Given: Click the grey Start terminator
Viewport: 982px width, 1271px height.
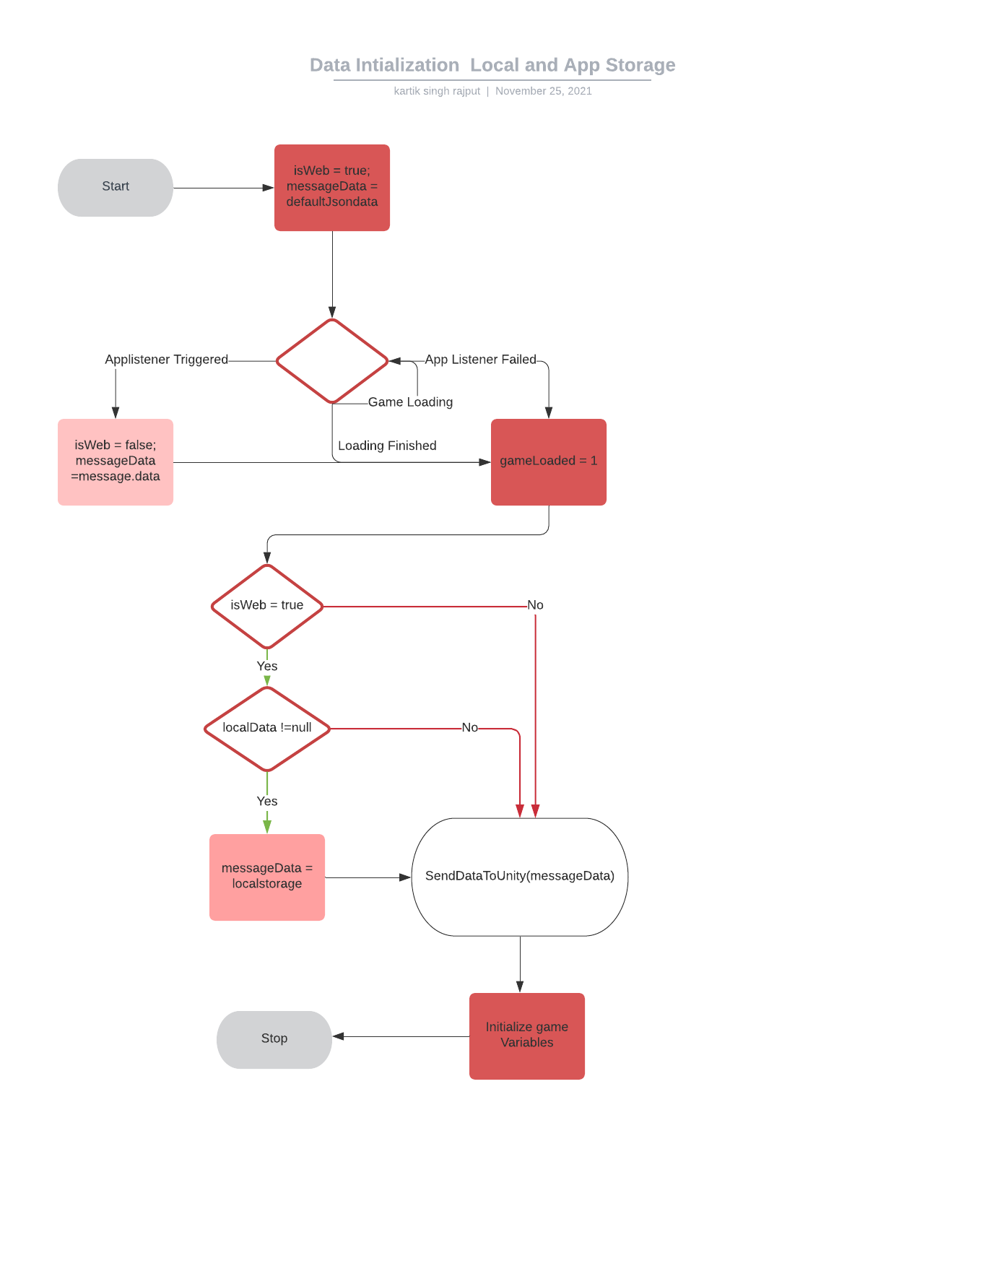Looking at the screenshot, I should pos(116,187).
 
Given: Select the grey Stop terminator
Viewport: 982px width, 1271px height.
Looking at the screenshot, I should pos(274,1039).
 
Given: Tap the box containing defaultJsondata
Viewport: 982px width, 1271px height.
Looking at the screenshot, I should pos(332,188).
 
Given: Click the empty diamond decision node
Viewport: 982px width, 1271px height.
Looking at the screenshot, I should pos(332,361).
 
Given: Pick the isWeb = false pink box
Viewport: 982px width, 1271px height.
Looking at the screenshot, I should pos(116,462).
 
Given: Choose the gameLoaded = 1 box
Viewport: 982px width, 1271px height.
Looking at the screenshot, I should pos(549,462).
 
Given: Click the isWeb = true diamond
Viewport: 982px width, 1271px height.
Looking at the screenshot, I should pos(267,606).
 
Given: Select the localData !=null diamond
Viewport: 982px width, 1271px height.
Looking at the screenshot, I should pos(267,729).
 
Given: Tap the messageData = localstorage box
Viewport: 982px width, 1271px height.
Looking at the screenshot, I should pos(267,877).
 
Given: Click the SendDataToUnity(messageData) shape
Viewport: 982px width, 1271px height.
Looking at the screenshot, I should pos(520,877).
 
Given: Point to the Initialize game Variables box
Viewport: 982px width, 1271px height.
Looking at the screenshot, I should pos(527,1036).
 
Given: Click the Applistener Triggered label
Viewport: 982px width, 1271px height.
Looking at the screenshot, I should pos(166,360).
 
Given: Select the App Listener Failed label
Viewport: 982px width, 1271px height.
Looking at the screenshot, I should pos(480,360).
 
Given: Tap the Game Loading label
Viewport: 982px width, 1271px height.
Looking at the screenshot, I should pos(410,402).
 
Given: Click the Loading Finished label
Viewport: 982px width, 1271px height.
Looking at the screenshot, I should pos(387,446).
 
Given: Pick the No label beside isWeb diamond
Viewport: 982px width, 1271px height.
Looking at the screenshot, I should pos(535,605).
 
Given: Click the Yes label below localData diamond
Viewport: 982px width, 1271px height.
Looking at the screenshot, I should pos(267,802).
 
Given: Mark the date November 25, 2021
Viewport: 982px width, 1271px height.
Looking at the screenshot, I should pos(543,91).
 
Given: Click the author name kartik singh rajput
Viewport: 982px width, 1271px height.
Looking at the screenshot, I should pos(437,91).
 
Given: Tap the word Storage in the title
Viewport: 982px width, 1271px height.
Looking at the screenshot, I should pos(640,65).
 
